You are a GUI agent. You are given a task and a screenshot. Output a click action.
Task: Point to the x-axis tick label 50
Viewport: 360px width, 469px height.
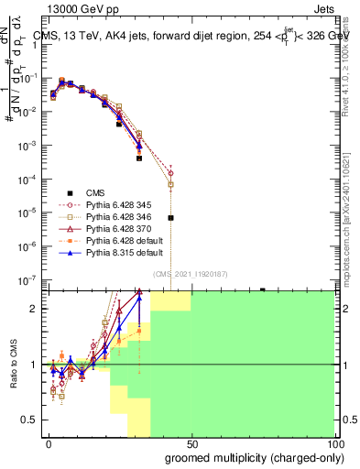tap(191, 443)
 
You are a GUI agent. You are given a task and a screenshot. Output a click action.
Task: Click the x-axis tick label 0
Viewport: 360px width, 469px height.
tap(49, 443)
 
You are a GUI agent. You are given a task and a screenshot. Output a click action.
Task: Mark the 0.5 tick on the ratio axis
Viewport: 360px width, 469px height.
tap(30, 420)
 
